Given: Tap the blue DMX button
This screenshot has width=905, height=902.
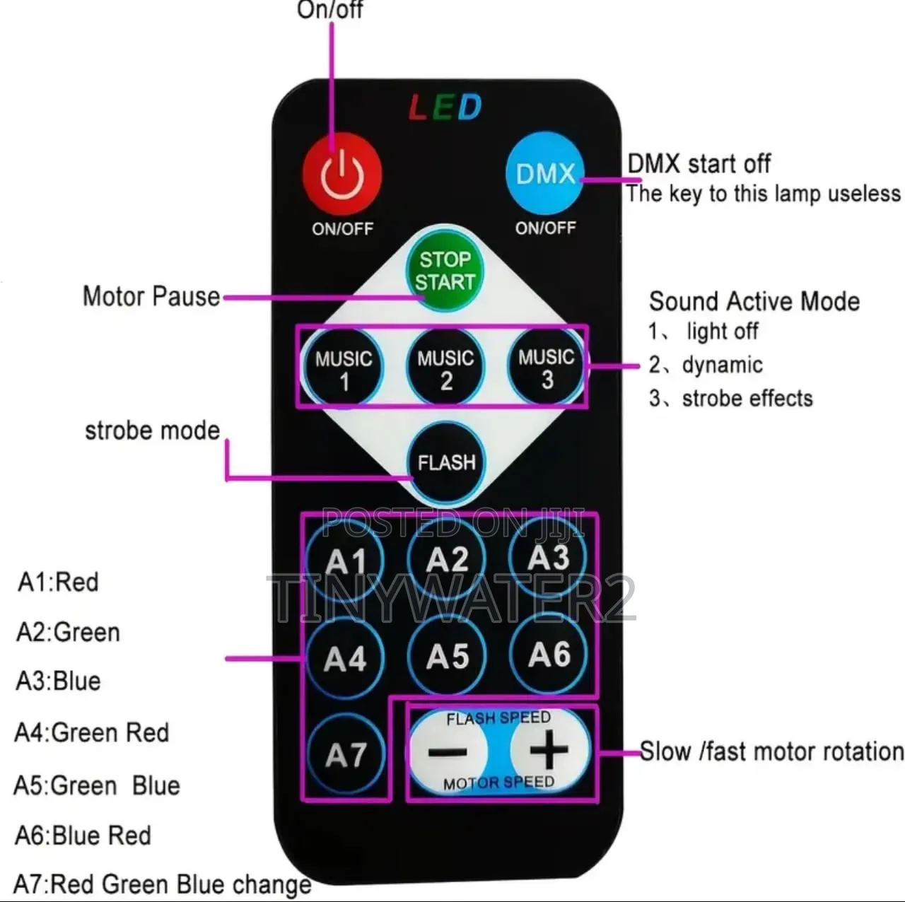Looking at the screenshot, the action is click(545, 172).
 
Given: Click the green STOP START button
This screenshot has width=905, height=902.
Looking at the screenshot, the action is click(444, 271).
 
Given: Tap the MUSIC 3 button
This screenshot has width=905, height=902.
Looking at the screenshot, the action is click(547, 367).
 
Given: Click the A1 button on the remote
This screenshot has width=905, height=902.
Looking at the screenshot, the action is click(345, 560).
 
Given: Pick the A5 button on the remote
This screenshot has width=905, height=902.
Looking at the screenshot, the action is click(447, 655).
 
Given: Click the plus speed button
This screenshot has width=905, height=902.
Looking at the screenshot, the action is click(549, 749).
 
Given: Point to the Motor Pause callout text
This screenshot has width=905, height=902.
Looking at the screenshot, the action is click(151, 297).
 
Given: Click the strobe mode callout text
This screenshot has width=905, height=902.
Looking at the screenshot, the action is click(152, 430).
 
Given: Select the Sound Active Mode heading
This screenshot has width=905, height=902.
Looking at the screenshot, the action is click(754, 301).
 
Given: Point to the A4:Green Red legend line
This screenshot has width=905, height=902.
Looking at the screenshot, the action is click(92, 732).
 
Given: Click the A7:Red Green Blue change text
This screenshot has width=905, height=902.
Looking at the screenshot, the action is click(162, 884).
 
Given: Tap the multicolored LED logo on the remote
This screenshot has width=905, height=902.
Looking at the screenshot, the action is click(445, 107).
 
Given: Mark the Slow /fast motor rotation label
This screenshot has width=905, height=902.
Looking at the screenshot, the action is click(771, 751).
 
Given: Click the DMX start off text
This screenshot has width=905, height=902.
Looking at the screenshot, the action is click(699, 164).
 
